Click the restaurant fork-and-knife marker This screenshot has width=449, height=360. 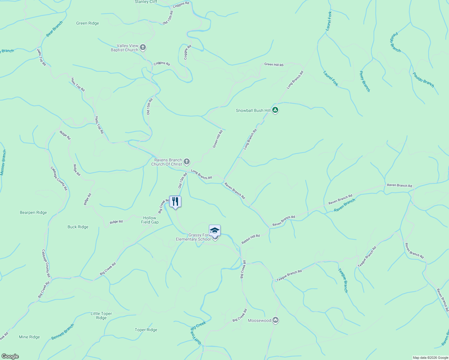tap(175, 202)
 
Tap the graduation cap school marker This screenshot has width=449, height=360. tap(215, 231)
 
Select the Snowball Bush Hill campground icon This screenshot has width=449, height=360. tap(275, 110)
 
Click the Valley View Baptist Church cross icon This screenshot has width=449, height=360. tap(143, 47)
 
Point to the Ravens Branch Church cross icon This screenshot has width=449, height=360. tap(187, 162)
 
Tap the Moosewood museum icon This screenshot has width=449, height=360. tap(276, 320)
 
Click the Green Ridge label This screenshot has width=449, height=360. tap(87, 23)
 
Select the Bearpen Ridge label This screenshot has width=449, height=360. tap(33, 212)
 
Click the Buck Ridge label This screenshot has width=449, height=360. tap(78, 227)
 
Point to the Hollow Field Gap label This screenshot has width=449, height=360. tap(150, 220)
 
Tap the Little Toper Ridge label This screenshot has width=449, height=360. tap(101, 316)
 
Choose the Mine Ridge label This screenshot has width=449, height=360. tap(29, 337)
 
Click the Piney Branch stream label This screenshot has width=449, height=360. tap(365, 81)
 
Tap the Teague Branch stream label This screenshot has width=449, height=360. tap(343, 280)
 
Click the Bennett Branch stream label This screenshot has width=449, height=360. tap(62, 332)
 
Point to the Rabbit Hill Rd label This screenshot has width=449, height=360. tap(251, 239)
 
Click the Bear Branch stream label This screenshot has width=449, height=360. tap(54, 29)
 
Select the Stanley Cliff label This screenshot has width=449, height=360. tap(146, 2)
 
